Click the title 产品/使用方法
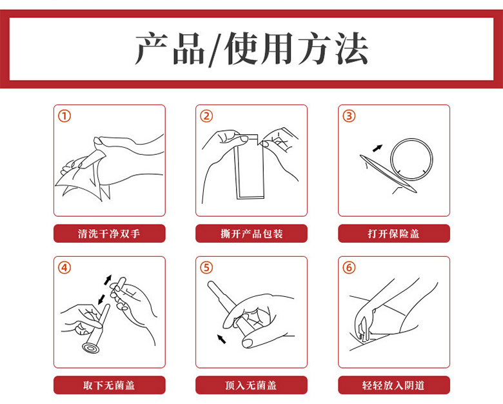click(x=252, y=49)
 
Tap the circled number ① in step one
click(x=64, y=116)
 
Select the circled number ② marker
click(x=206, y=116)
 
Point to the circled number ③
click(x=350, y=116)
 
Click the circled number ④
click(x=64, y=268)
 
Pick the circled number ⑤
click(x=206, y=268)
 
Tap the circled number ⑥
click(x=350, y=268)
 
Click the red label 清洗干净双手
click(x=110, y=234)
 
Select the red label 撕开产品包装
click(x=252, y=234)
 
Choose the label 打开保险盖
click(x=394, y=234)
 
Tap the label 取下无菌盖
click(x=110, y=385)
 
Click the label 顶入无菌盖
click(x=252, y=385)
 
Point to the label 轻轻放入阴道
click(x=394, y=385)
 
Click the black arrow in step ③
click(x=377, y=148)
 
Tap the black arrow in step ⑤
click(x=222, y=339)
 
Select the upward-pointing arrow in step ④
click(x=108, y=279)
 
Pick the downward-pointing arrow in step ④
click(x=101, y=299)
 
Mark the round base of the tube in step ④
click(x=91, y=348)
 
